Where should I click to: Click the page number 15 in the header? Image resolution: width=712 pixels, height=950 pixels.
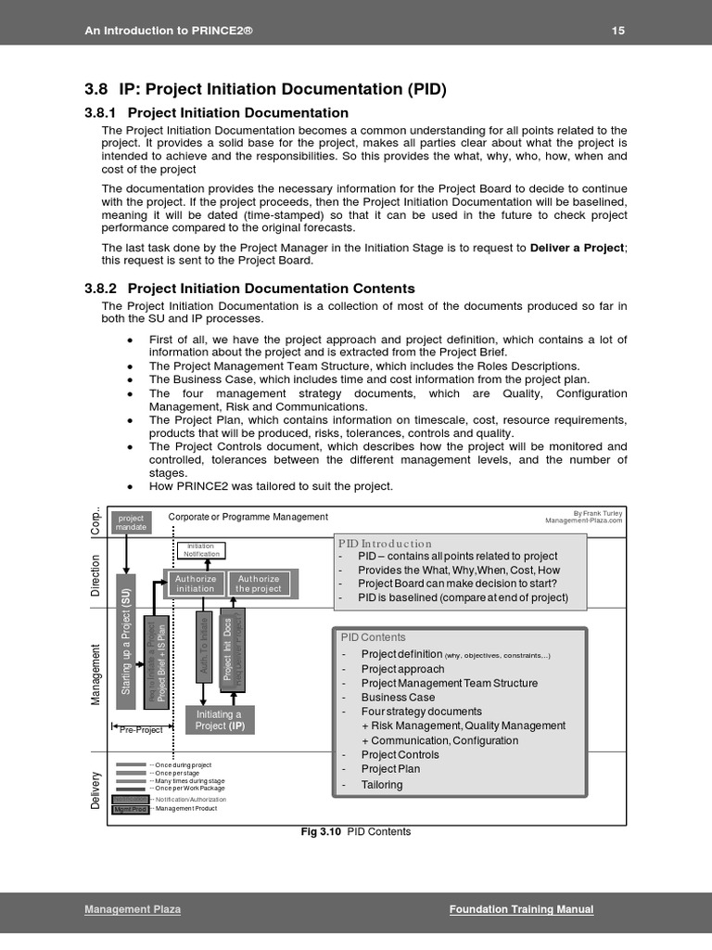pos(618,31)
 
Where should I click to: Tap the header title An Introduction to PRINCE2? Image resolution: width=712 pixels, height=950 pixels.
pos(169,31)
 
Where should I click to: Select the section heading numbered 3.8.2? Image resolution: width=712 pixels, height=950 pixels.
pos(249,289)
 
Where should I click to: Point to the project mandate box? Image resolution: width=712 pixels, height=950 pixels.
pos(131,522)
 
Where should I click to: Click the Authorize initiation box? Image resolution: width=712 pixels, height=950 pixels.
pos(196,584)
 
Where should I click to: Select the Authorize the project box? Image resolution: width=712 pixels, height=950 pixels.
pos(259,584)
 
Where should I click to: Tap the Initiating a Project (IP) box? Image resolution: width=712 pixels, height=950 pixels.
pos(220,720)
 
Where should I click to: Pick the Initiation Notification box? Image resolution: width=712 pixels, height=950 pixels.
pos(201,550)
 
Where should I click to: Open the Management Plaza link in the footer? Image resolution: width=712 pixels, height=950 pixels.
pos(133,909)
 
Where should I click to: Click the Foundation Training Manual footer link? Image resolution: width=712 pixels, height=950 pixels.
pos(521,909)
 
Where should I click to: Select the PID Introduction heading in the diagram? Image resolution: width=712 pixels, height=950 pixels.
pos(386,544)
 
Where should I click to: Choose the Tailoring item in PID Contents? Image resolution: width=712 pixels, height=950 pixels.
pos(382,785)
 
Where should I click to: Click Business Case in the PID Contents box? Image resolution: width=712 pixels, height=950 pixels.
pos(398,698)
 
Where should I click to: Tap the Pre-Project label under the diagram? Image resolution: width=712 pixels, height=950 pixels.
pos(141,730)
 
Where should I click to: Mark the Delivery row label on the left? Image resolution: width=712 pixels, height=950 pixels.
pos(95,789)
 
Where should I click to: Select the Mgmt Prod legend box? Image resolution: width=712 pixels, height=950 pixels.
pos(130,809)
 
